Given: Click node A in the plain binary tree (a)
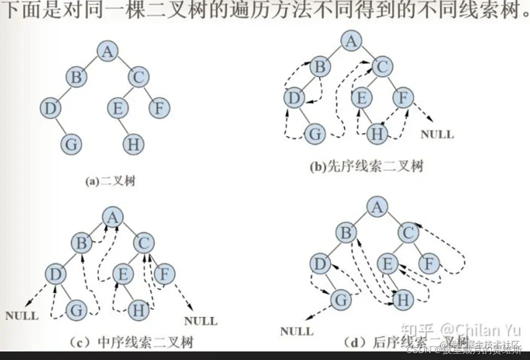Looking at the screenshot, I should click(x=107, y=51).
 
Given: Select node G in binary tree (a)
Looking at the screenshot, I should click(x=71, y=144).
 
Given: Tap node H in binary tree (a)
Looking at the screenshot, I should click(x=133, y=144).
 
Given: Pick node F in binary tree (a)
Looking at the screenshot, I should click(x=159, y=108).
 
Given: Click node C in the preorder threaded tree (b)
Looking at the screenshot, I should click(x=383, y=66).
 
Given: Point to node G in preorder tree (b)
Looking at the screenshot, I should click(x=315, y=134).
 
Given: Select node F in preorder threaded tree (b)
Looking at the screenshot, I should click(x=403, y=98).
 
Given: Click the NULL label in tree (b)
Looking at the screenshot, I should click(x=437, y=134).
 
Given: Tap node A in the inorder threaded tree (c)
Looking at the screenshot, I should click(x=113, y=217).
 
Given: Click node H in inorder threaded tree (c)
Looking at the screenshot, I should click(x=138, y=310).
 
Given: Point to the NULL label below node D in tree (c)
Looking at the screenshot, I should click(x=22, y=316).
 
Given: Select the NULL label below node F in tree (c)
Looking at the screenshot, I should click(x=201, y=320).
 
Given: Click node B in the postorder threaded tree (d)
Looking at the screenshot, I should click(x=345, y=232).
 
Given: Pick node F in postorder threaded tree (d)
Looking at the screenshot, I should click(x=428, y=263).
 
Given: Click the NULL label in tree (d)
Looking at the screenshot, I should click(x=297, y=330).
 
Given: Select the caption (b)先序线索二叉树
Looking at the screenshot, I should click(x=366, y=166).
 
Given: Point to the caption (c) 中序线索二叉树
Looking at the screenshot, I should click(x=131, y=342).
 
